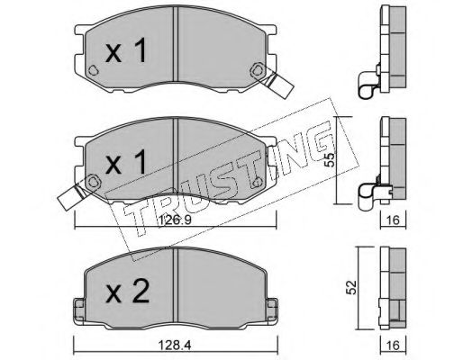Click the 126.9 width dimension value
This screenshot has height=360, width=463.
175,220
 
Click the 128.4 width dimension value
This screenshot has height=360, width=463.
175,346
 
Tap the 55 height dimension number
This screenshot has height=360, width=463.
330,160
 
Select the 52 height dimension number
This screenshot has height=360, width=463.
351,287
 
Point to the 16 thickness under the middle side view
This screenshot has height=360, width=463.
393,220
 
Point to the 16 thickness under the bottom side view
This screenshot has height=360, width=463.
393,346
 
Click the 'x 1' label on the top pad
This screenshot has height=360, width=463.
126,50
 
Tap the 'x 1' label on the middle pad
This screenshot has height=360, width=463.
126,162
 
